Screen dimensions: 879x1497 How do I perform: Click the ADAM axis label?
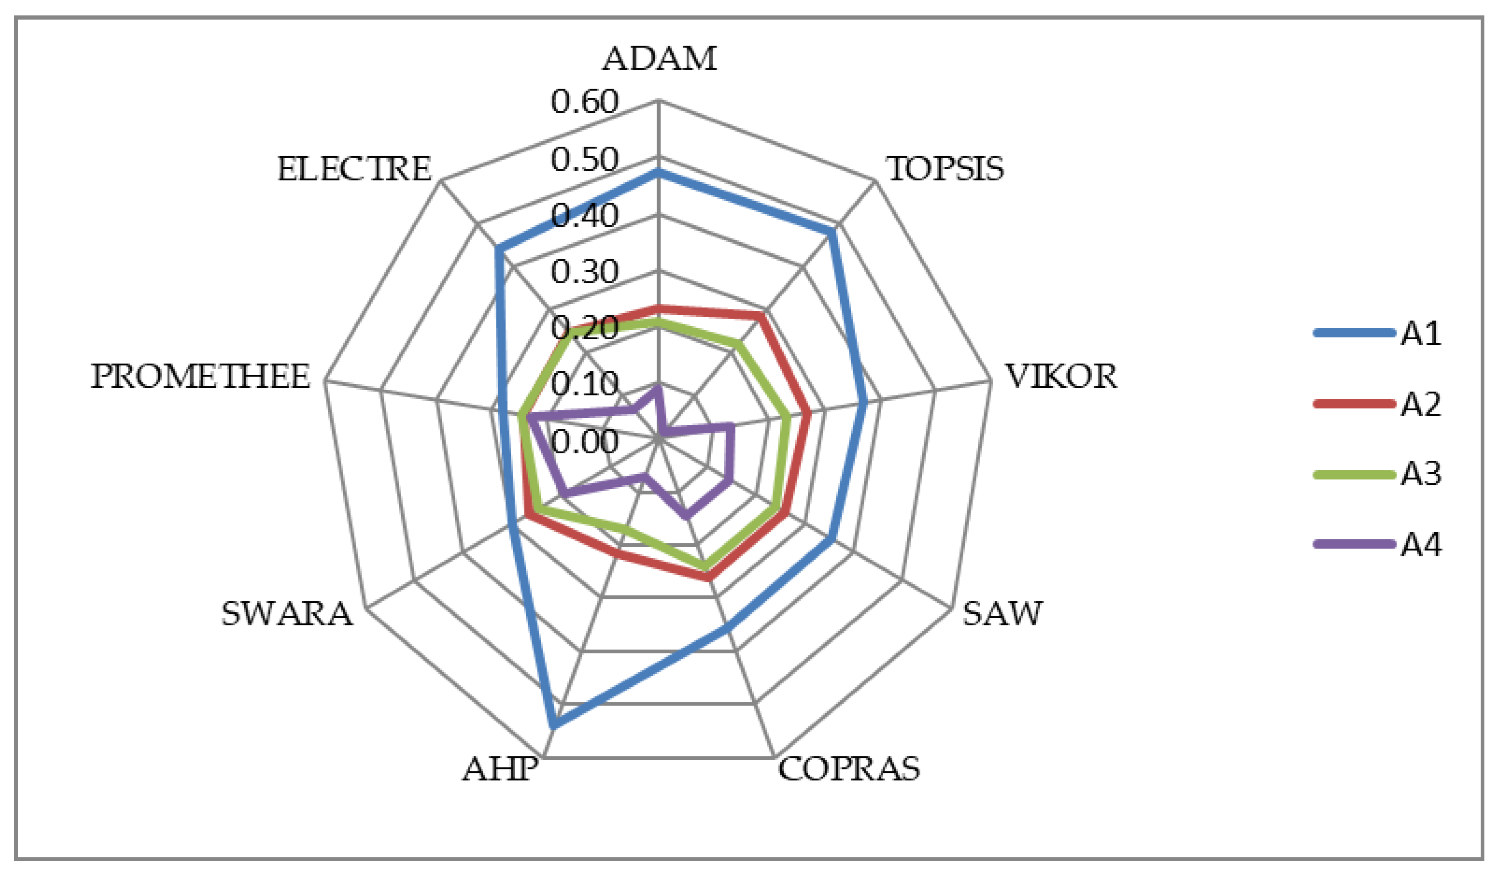pyautogui.click(x=659, y=59)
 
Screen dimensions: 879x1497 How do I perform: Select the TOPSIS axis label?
pyautogui.click(x=945, y=169)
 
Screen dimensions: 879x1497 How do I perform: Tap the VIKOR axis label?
pyautogui.click(x=1060, y=377)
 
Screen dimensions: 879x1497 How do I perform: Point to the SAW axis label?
pyautogui.click(x=1002, y=614)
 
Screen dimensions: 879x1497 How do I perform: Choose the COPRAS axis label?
pyautogui.click(x=849, y=769)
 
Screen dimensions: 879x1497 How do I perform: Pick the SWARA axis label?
pyautogui.click(x=287, y=614)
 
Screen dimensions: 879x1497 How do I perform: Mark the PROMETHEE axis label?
pyautogui.click(x=200, y=377)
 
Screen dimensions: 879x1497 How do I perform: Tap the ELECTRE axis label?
pyautogui.click(x=354, y=169)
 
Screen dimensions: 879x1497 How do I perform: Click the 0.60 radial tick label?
pyautogui.click(x=585, y=102)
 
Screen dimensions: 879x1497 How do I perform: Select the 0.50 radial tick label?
pyautogui.click(x=585, y=160)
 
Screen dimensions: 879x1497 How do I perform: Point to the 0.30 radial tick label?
pyautogui.click(x=585, y=272)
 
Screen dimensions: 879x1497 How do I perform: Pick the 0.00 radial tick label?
pyautogui.click(x=585, y=442)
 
